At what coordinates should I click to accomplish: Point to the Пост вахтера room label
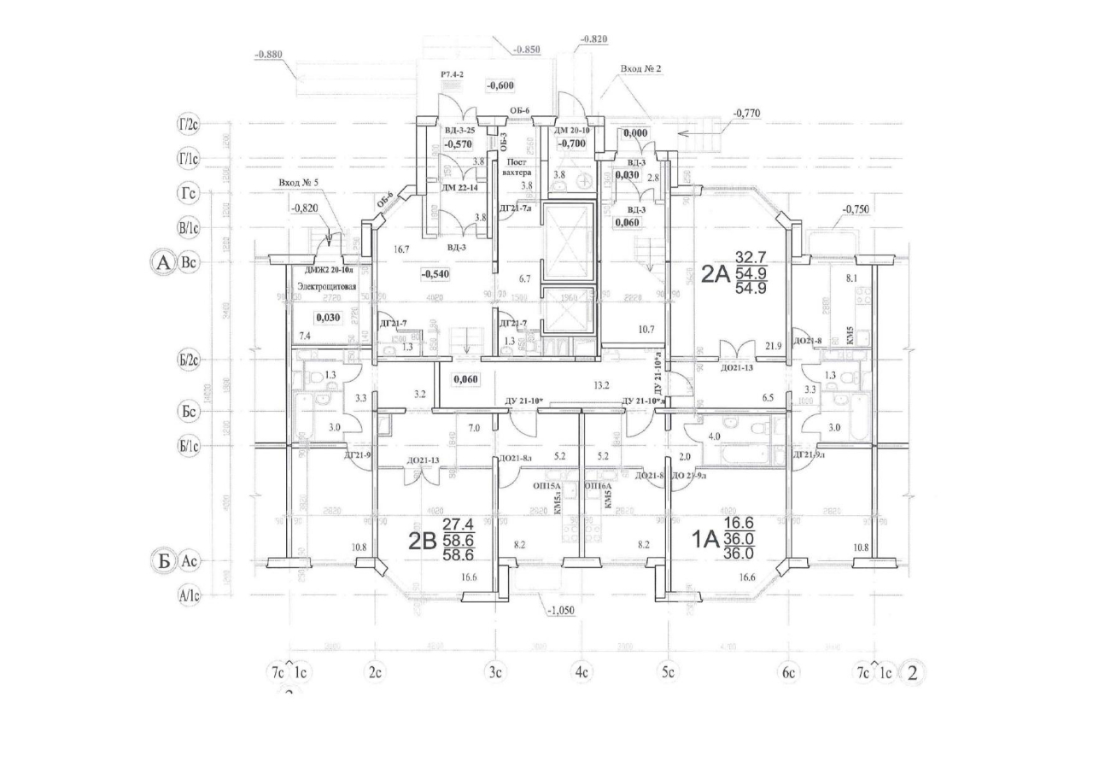(x=518, y=167)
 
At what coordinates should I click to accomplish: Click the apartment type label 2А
(x=715, y=273)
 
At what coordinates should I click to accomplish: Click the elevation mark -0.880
(x=269, y=55)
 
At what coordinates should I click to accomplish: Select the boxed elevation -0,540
(x=436, y=273)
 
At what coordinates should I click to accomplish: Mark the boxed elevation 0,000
(x=634, y=133)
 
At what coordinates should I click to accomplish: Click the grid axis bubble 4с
(x=582, y=672)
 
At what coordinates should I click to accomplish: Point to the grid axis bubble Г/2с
(x=189, y=126)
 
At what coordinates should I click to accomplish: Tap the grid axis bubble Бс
(x=189, y=411)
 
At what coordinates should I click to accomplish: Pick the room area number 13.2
(x=603, y=385)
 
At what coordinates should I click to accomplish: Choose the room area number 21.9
(x=774, y=345)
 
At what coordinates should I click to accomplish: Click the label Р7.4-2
(x=451, y=75)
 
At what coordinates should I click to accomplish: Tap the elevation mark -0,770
(x=747, y=112)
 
